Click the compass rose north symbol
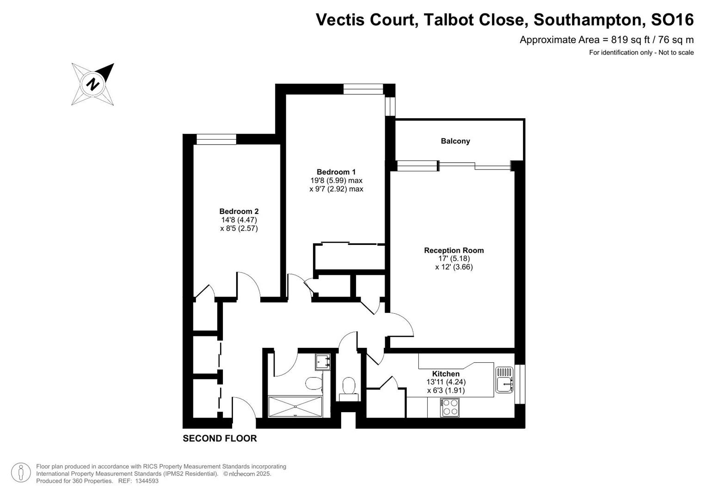(93, 84)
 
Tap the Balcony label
(455, 141)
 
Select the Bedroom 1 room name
(336, 172)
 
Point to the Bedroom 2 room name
(239, 212)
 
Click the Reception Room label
(454, 250)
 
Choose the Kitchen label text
(446, 374)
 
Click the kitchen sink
(504, 379)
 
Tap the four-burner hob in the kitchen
(450, 407)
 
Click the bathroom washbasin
(322, 362)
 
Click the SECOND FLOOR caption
(220, 438)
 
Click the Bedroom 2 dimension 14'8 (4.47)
(239, 220)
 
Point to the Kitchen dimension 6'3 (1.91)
(446, 390)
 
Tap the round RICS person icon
(21, 473)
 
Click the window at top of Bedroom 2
(216, 139)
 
